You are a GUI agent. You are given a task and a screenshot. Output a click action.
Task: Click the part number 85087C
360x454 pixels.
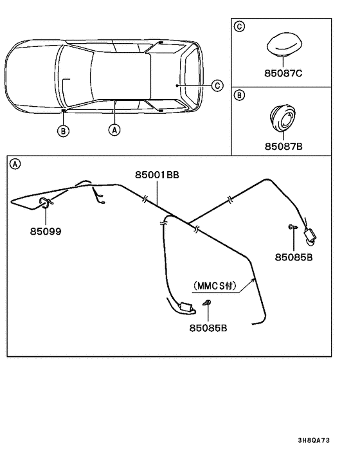pyautogui.click(x=283, y=74)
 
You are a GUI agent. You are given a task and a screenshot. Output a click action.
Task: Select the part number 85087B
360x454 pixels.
pyautogui.click(x=283, y=146)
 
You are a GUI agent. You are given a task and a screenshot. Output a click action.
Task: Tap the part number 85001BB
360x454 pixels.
pyautogui.click(x=157, y=175)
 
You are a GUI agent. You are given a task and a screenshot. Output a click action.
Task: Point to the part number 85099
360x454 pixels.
pyautogui.click(x=46, y=230)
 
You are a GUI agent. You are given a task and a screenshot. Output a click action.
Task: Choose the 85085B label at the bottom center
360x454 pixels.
pyautogui.click(x=208, y=328)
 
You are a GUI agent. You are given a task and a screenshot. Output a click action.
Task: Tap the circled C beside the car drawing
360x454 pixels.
pyautogui.click(x=217, y=85)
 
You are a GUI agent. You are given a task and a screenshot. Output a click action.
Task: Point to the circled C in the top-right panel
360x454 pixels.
pyautogui.click(x=239, y=26)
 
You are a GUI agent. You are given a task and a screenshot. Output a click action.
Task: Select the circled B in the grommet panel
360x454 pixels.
pyautogui.click(x=239, y=96)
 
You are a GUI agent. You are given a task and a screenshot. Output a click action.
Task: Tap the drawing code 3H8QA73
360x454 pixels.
pyautogui.click(x=316, y=440)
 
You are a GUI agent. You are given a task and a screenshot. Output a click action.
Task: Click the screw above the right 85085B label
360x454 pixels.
pyautogui.click(x=291, y=226)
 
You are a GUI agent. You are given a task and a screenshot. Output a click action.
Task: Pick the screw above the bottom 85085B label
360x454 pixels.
pyautogui.click(x=207, y=304)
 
